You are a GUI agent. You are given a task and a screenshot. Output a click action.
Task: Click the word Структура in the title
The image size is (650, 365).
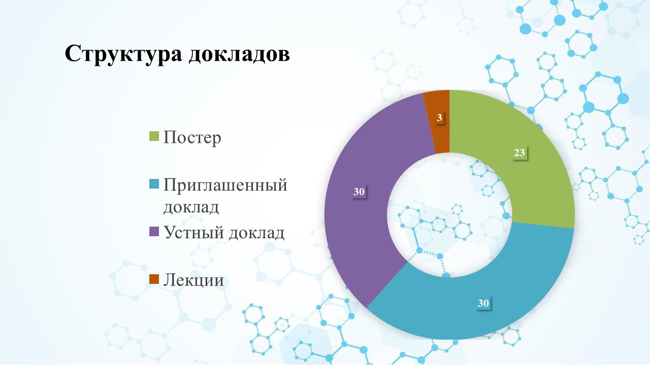123,54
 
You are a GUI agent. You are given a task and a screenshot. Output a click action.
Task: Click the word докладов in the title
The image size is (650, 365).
239,54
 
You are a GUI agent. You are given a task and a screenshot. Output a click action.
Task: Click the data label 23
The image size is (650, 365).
519,153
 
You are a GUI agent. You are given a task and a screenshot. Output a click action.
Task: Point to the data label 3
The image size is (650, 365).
439,118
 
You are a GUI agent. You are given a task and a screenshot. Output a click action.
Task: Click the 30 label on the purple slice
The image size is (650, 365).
359,192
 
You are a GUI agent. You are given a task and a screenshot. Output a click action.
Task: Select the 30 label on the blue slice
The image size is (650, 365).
483,303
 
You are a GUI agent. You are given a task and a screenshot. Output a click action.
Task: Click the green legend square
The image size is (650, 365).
154,136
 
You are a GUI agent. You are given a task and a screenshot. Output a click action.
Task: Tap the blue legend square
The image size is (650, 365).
154,184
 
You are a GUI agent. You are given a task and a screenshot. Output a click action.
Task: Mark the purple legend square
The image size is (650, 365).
154,232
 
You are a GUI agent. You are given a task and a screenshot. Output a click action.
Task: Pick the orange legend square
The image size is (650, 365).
154,279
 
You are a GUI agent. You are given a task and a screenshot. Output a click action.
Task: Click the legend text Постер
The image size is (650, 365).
192,137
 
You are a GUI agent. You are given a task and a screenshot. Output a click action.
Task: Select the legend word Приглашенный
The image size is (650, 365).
225,186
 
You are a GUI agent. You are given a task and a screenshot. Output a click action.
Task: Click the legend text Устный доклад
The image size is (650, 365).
224,233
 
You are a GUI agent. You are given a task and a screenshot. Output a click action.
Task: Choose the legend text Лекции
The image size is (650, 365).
194,280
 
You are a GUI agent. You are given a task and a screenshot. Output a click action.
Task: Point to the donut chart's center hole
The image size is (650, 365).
449,215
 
